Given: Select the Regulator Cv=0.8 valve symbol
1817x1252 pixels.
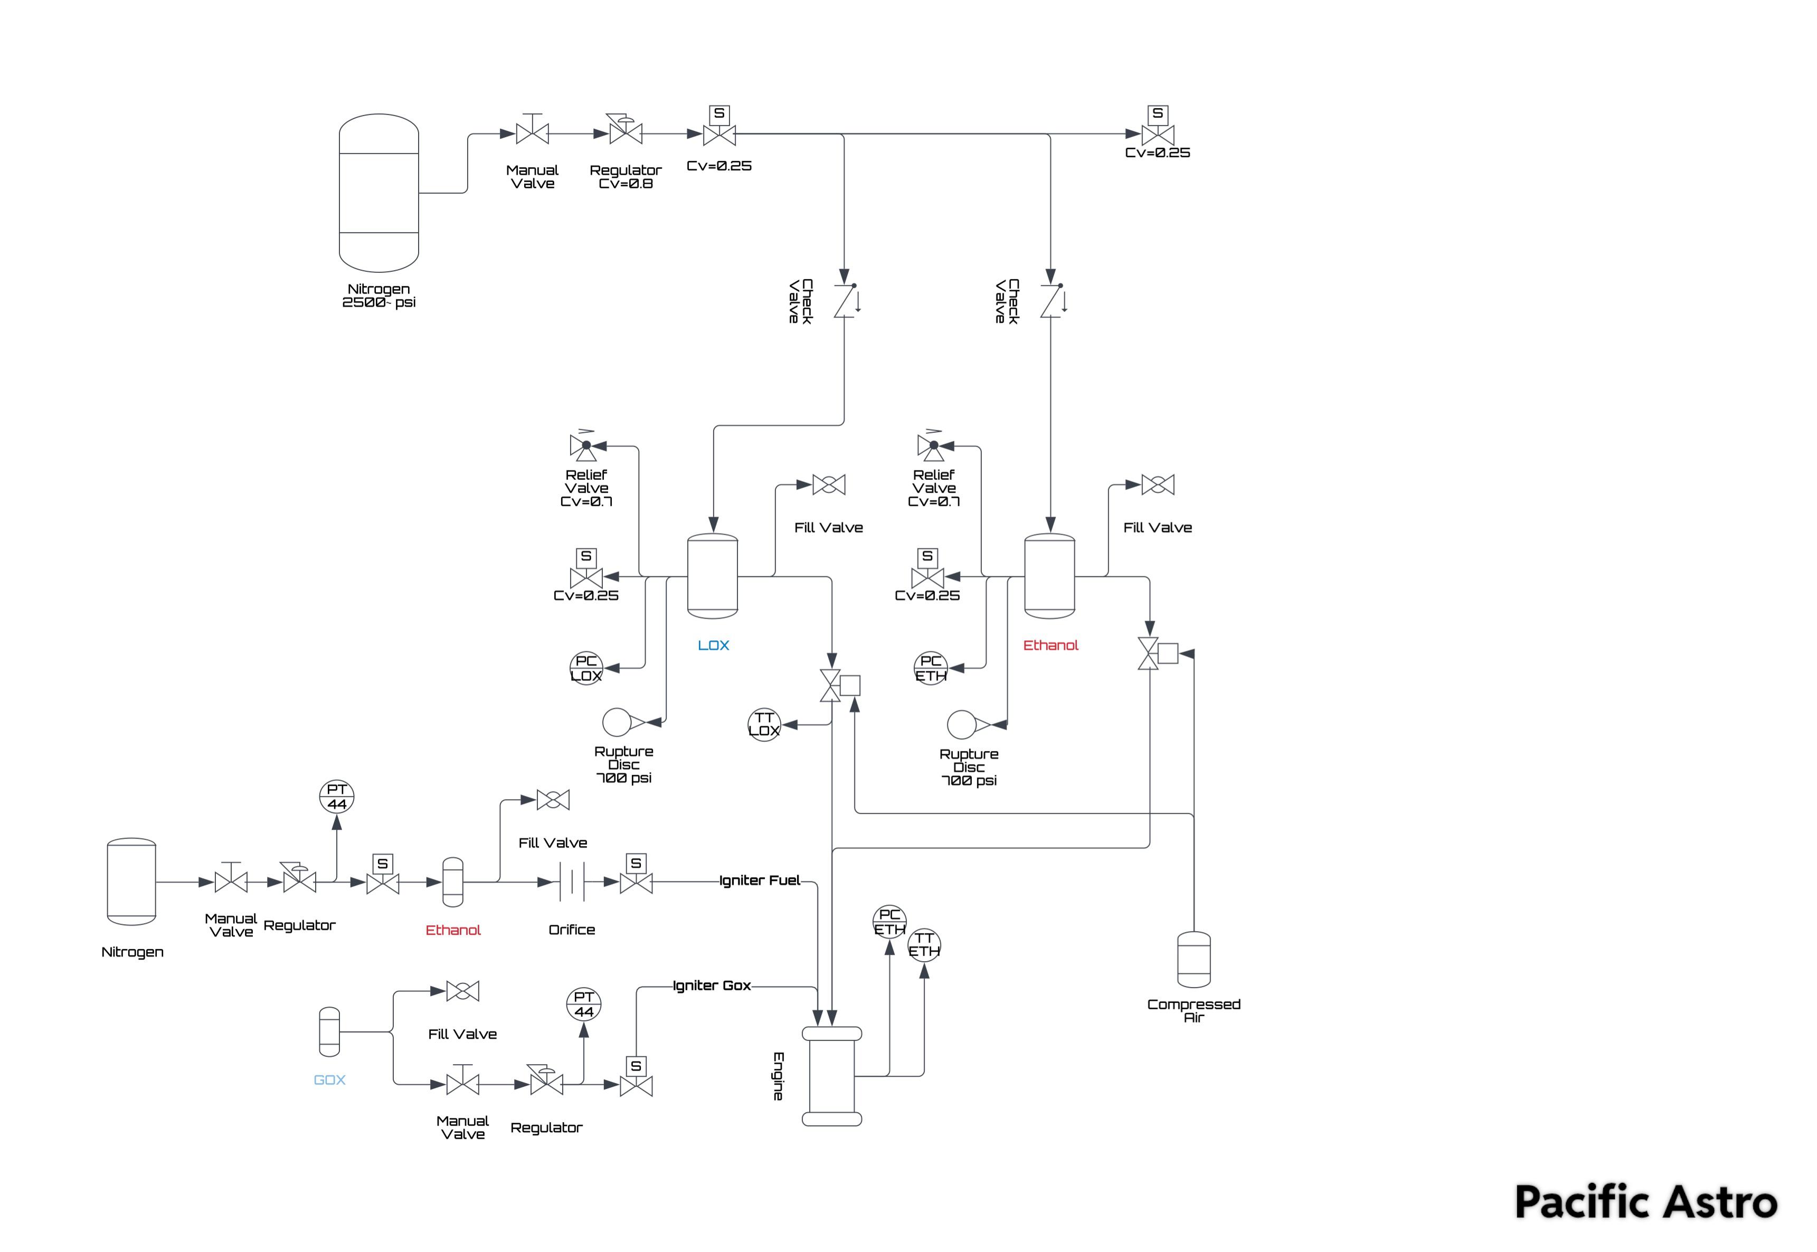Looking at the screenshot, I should pyautogui.click(x=625, y=134).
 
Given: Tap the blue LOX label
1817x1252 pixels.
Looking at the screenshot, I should pyautogui.click(x=713, y=645).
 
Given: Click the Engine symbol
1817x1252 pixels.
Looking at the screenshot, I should pyautogui.click(x=831, y=1076).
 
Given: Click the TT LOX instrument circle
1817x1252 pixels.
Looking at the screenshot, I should pyautogui.click(x=764, y=724).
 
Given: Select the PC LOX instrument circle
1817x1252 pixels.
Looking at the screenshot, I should pyautogui.click(x=586, y=668).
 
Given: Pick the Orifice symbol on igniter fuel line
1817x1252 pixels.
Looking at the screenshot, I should pyautogui.click(x=572, y=882).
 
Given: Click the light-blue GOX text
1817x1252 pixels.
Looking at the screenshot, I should pyautogui.click(x=329, y=1079).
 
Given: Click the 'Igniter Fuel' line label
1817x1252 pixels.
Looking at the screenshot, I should pyautogui.click(x=760, y=880).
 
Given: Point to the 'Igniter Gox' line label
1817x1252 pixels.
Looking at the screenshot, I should pyautogui.click(x=712, y=985).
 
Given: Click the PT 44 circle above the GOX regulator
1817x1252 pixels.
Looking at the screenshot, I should pyautogui.click(x=584, y=1004).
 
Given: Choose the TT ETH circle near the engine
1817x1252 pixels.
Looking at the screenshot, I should pyautogui.click(x=924, y=944).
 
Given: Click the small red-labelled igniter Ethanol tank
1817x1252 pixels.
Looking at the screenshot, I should pyautogui.click(x=453, y=882).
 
